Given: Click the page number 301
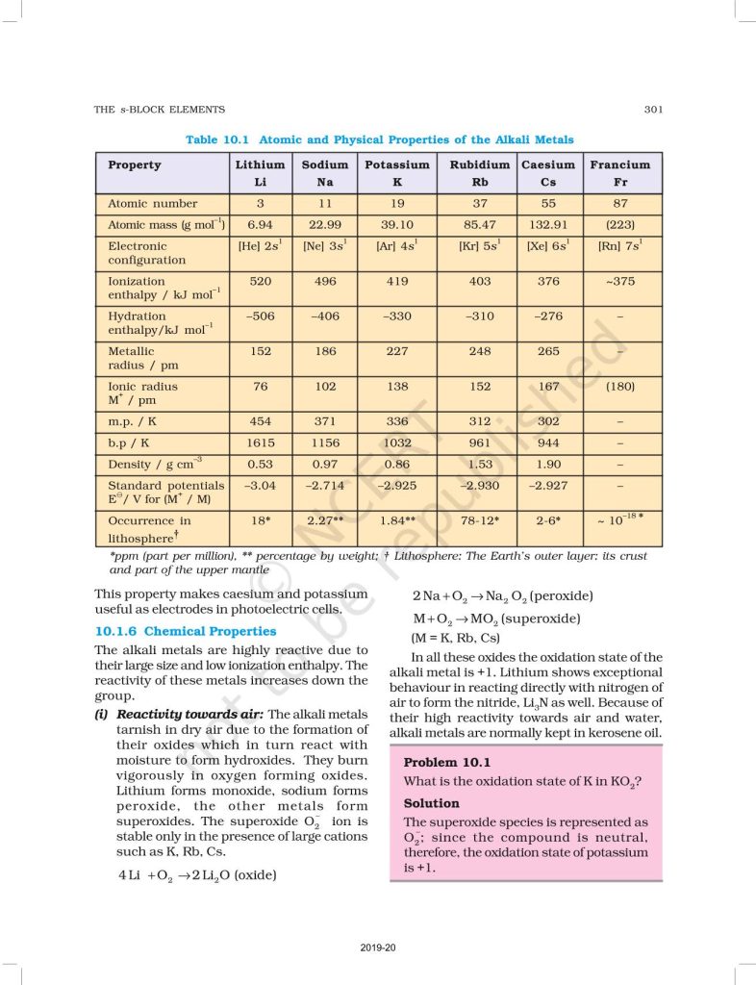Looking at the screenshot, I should tap(653, 110).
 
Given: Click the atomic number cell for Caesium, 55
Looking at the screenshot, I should tap(548, 203).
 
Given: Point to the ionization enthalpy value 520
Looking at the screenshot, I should tap(260, 282).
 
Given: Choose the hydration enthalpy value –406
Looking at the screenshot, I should tap(324, 316).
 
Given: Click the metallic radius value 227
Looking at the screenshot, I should tap(396, 351).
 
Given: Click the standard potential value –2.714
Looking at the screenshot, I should tap(324, 486).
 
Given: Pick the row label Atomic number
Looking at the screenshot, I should tap(153, 203).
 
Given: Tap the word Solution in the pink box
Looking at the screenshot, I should tap(432, 803).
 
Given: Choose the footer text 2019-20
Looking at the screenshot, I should tap(378, 948).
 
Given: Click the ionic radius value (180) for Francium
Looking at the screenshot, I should tap(619, 387).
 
